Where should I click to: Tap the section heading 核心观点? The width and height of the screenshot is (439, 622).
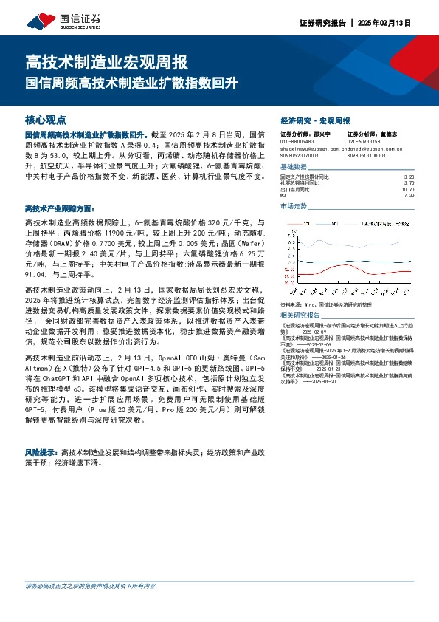pyautogui.click(x=46, y=119)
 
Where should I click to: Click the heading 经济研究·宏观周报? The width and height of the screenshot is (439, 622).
pyautogui.click(x=315, y=120)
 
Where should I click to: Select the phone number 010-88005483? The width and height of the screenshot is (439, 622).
pyautogui.click(x=297, y=141)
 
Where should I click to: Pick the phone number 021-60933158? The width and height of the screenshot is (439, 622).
pyautogui.click(x=364, y=141)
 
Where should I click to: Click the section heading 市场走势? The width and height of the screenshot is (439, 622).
pyautogui.click(x=294, y=206)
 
